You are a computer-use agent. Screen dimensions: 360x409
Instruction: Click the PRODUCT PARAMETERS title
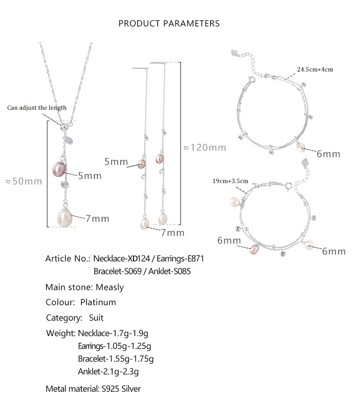pos(169,24)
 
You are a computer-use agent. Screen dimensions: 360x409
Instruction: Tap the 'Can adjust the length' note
pos(37,108)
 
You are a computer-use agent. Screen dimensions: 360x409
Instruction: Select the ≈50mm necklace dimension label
pos(24,181)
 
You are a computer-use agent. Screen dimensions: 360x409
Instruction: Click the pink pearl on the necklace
pos(59,169)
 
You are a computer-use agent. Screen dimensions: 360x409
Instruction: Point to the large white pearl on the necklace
pos(65,218)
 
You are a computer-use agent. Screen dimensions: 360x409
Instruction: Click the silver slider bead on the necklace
pos(64,127)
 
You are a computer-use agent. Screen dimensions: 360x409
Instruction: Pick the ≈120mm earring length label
pos(205,148)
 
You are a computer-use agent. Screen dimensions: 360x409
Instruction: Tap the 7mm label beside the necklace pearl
pos(97,219)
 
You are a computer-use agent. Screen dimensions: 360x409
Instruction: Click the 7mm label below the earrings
pos(173,233)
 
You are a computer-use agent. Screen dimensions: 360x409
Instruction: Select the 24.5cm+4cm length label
pos(315,69)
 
